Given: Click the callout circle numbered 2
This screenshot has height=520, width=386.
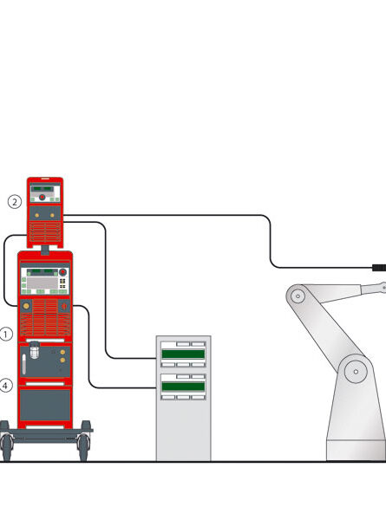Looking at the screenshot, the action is coord(14,202).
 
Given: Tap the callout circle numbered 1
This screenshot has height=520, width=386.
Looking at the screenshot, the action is coord(6,334).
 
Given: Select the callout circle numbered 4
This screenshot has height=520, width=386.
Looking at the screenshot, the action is coord(6,386).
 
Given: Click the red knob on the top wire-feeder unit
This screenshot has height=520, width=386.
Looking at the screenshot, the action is coord(43,198).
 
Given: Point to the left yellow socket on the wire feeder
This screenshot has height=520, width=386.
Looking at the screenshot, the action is coord(36,215).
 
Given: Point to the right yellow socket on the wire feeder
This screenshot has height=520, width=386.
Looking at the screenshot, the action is coord(52,215).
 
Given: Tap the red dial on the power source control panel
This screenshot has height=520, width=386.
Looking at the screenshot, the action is coord(62,272).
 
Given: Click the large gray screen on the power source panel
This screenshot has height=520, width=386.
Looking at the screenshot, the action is coord(43,283).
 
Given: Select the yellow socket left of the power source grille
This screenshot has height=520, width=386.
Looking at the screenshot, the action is coord(26,305).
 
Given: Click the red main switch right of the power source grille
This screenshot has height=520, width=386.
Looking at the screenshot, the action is coord(64,305).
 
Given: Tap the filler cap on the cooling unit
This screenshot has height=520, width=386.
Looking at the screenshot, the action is coord(34,350).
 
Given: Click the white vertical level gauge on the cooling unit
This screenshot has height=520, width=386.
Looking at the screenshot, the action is coord(24,364).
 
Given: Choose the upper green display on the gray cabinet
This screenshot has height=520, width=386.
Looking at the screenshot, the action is coord(183,354).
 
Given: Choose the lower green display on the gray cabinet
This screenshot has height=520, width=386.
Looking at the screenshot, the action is coord(183,387).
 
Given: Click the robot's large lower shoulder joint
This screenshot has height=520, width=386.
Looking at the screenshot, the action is coord(356,372).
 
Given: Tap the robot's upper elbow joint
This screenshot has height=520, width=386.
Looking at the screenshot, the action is coord(298,296).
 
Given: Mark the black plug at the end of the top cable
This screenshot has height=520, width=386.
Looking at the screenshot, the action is coord(379,268).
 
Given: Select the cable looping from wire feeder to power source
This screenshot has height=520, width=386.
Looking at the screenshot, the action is coord(4,270).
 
